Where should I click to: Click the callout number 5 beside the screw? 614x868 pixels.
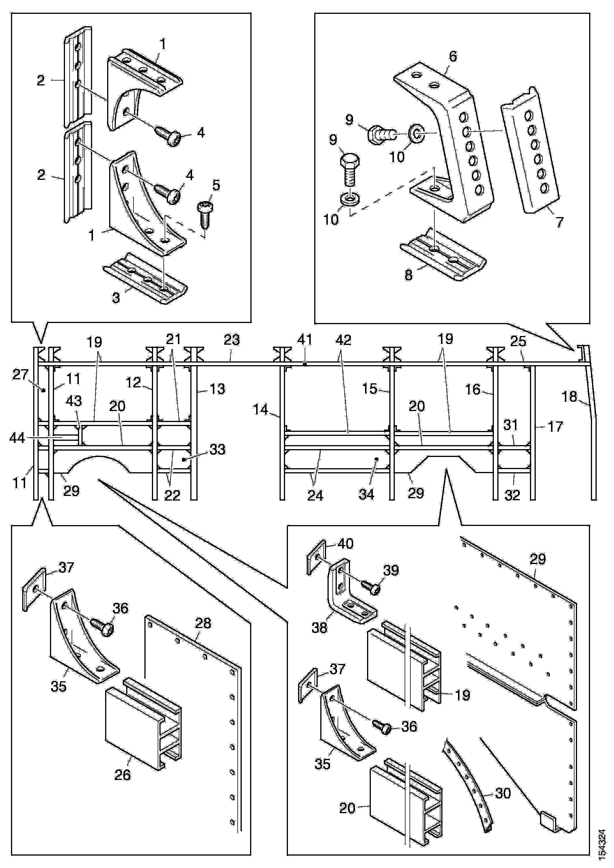216,186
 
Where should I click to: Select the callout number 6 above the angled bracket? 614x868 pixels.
453,57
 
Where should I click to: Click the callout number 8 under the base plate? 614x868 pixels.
408,275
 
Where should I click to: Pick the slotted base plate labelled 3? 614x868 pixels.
146,278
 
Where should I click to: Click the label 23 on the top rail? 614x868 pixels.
232,340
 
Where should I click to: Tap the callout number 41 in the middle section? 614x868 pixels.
305,340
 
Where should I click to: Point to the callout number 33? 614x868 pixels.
217,449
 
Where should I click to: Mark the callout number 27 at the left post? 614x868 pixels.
20,375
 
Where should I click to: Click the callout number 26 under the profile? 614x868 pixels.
122,775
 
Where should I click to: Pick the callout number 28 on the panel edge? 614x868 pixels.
203,623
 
